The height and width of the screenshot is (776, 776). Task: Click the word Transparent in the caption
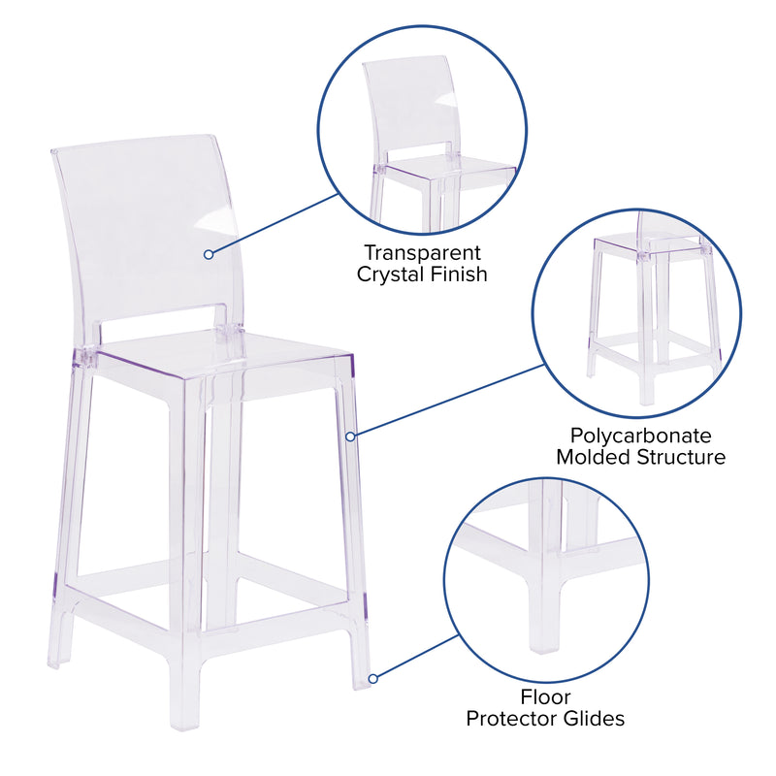(422, 253)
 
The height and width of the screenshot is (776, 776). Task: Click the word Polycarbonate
(641, 436)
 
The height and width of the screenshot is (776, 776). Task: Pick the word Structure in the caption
(681, 457)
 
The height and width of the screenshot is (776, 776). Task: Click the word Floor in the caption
(545, 697)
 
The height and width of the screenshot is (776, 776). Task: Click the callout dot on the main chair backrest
(209, 254)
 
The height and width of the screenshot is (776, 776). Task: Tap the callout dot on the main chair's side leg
(350, 436)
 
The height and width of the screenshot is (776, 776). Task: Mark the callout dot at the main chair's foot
(373, 678)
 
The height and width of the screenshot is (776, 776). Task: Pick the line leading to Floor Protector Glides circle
(418, 657)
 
